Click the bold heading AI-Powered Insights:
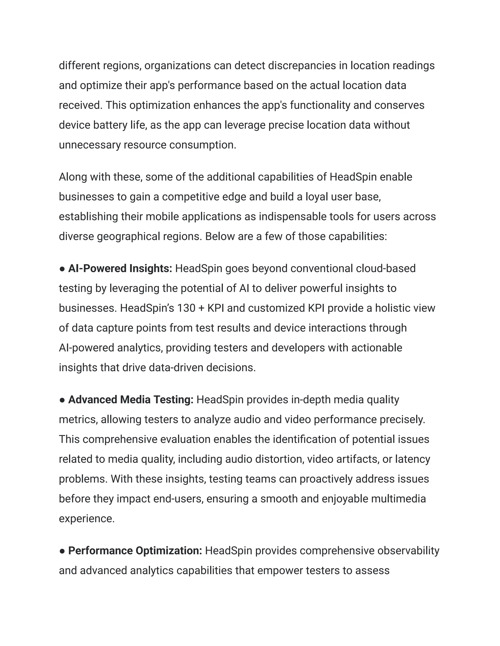(x=120, y=268)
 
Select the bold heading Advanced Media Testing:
(x=131, y=400)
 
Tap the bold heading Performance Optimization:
(x=135, y=550)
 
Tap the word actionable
(x=376, y=348)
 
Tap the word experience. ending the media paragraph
(x=86, y=519)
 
